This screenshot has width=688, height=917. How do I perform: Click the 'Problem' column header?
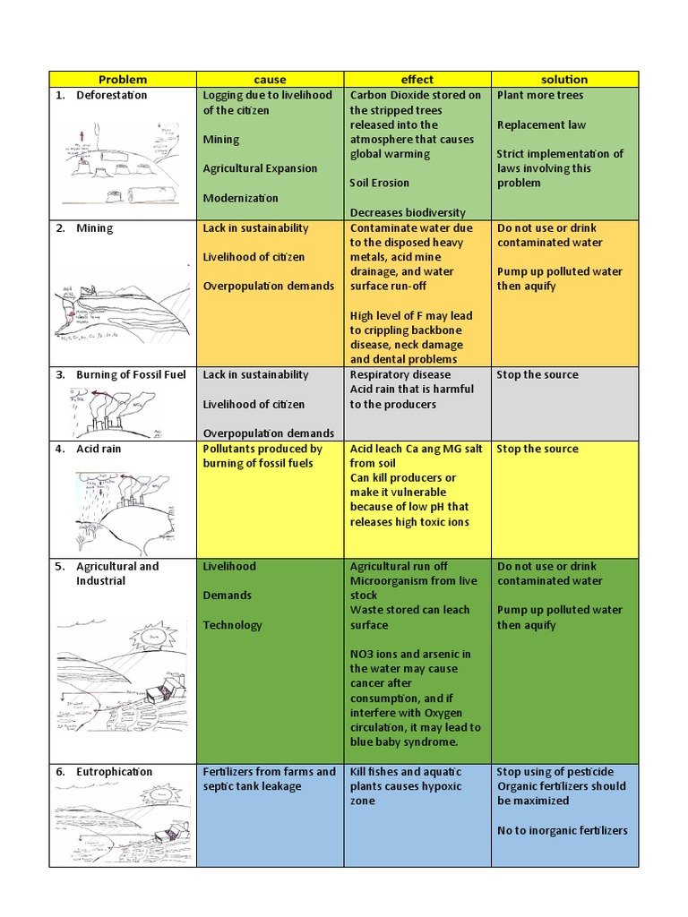click(x=123, y=80)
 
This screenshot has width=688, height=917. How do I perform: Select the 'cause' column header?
click(x=270, y=80)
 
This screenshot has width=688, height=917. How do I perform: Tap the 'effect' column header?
click(x=417, y=80)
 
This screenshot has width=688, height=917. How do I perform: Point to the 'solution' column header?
click(x=564, y=80)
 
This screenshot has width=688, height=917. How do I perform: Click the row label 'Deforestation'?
click(x=112, y=95)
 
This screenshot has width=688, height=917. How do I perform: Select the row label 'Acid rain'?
click(x=99, y=449)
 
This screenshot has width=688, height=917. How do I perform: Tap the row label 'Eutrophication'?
click(x=115, y=772)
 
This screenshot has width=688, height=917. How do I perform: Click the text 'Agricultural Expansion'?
click(x=260, y=168)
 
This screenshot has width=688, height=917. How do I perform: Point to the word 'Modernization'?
click(x=240, y=198)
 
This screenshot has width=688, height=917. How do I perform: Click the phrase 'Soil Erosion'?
click(x=379, y=183)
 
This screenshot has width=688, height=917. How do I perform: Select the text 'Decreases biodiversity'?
click(x=408, y=212)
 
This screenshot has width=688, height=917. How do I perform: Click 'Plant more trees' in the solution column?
click(x=540, y=95)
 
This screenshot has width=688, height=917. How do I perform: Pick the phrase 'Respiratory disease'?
click(x=400, y=374)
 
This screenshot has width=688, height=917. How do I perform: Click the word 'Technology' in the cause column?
click(x=233, y=625)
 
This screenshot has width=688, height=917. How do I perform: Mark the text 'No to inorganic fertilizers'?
click(x=563, y=830)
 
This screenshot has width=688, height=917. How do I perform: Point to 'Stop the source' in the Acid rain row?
click(x=537, y=449)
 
